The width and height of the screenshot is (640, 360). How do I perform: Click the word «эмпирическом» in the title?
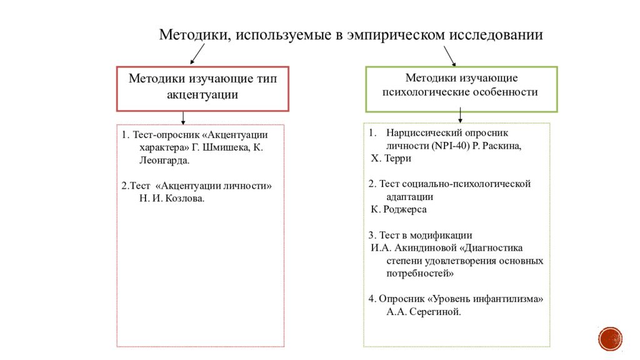click(x=396, y=35)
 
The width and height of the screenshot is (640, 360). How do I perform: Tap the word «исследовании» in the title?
click(x=496, y=34)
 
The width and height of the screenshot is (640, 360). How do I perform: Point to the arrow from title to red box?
click(x=197, y=54)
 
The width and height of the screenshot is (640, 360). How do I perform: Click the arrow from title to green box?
click(x=450, y=56)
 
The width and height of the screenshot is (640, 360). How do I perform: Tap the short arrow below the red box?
click(x=183, y=118)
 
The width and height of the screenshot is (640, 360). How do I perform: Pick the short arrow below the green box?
click(x=460, y=115)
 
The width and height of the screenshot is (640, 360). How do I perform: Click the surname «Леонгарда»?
click(x=164, y=161)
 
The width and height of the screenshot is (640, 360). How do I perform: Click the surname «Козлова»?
click(x=185, y=198)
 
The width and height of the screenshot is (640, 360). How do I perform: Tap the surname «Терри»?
click(x=397, y=158)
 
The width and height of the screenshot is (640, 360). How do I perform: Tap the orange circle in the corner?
click(x=610, y=339)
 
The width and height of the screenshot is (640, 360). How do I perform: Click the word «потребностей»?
click(x=420, y=274)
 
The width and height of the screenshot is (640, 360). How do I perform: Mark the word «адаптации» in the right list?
click(x=410, y=197)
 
